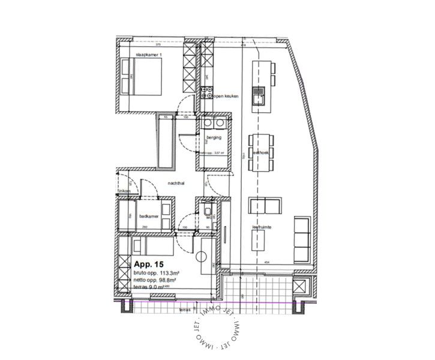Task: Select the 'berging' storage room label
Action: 214,138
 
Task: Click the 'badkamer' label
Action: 148,217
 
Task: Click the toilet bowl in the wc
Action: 206,212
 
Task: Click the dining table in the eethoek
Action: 260,153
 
